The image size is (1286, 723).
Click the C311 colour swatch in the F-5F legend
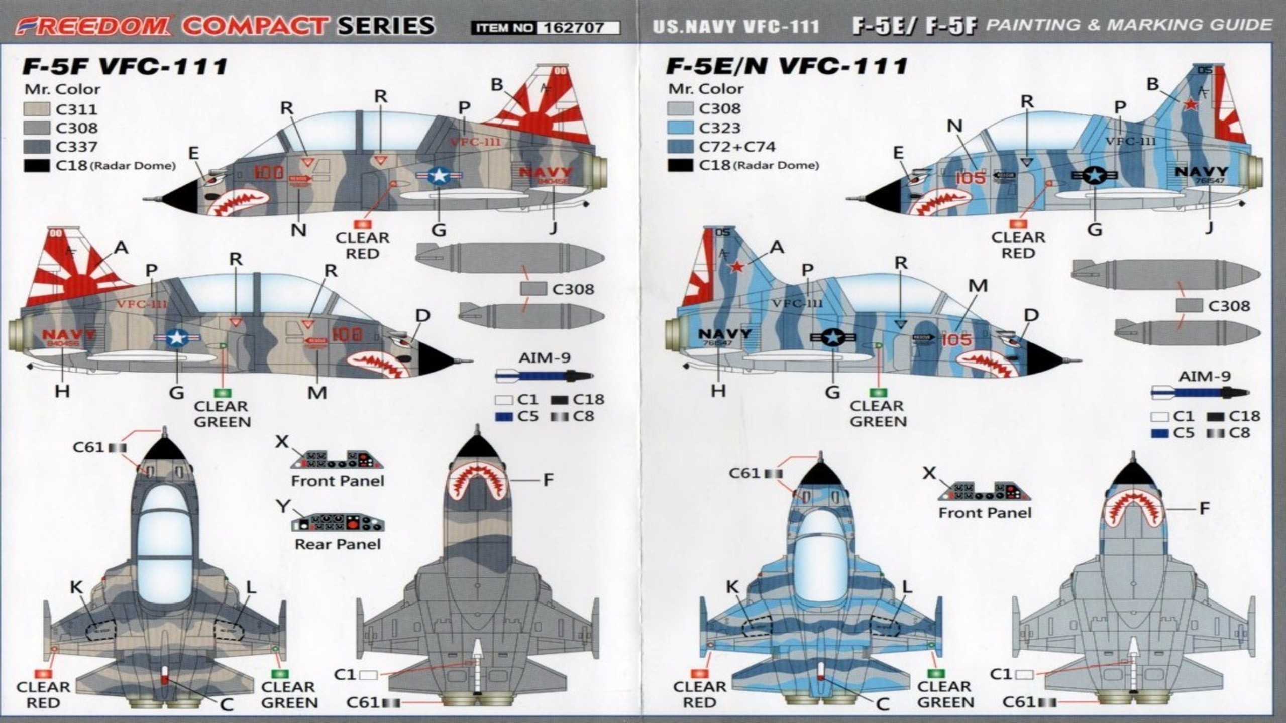37,109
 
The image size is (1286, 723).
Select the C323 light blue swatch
680,128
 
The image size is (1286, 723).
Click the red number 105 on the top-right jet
971,178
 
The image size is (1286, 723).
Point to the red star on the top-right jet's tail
1191,104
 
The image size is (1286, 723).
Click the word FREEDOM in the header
92,26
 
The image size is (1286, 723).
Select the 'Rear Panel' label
338,544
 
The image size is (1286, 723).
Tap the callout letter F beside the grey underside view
548,480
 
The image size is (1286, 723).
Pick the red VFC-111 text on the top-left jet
475,142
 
